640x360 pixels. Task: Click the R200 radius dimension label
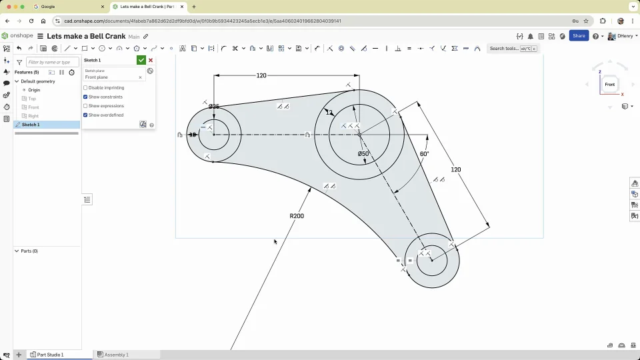[297, 216]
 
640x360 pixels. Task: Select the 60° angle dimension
[424, 154]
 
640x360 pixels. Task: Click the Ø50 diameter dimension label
[363, 154]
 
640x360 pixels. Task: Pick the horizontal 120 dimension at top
[261, 75]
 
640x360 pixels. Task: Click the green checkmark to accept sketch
[141, 60]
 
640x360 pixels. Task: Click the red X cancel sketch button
[151, 60]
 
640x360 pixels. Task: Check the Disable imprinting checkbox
[85, 88]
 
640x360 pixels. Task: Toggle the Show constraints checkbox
[85, 97]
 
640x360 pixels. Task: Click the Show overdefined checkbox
[85, 115]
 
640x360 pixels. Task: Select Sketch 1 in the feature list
[31, 125]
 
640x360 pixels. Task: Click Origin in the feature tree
[34, 90]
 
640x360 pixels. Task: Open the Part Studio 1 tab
[50, 355]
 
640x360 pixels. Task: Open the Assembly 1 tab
[116, 355]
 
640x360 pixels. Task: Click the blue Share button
[579, 36]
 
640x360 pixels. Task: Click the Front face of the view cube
[609, 85]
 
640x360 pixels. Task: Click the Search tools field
[504, 49]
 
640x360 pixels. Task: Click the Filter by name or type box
[52, 62]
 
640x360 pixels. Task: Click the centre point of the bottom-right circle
[432, 260]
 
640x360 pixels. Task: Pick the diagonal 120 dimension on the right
[456, 169]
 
